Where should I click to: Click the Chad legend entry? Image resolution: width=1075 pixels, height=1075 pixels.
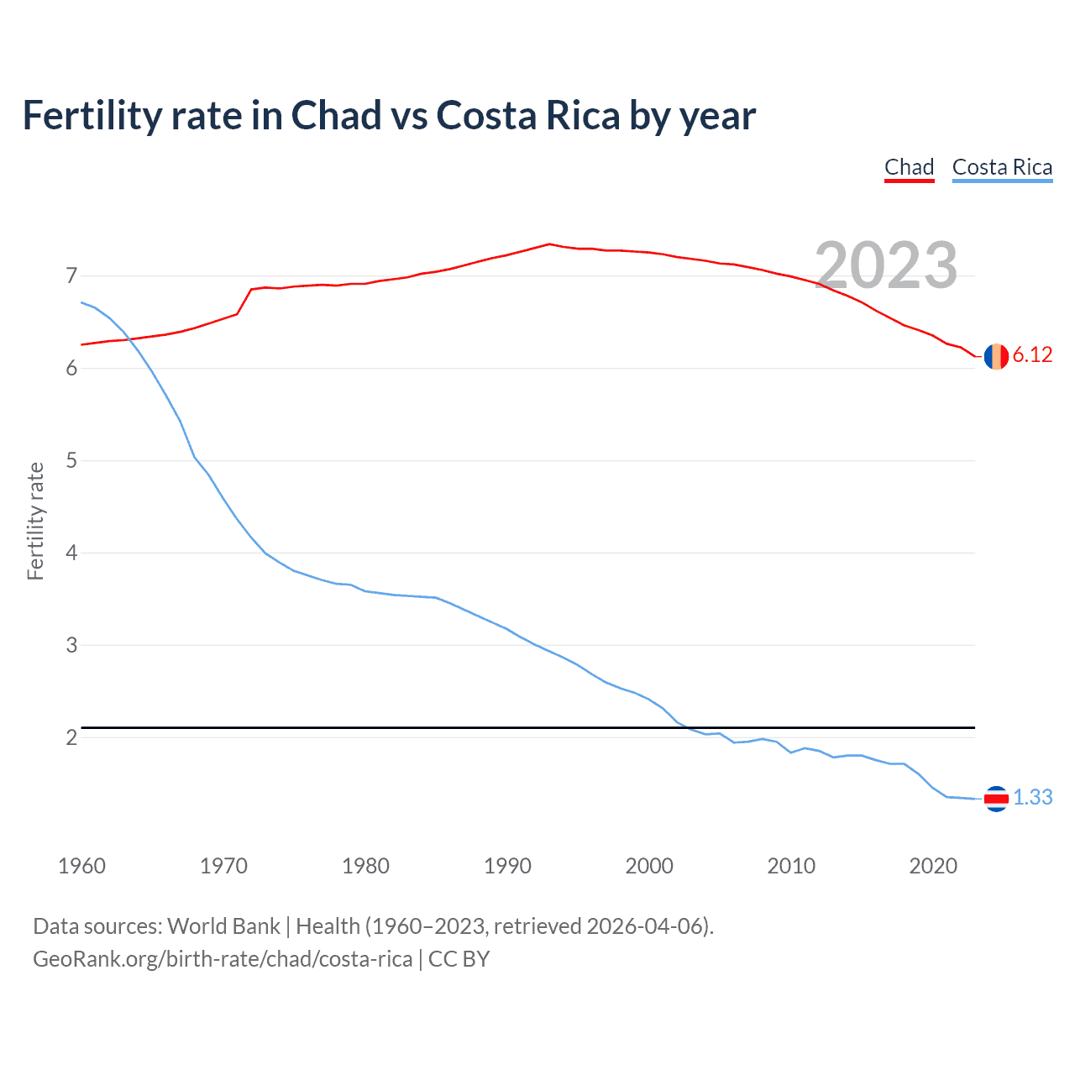coord(909,167)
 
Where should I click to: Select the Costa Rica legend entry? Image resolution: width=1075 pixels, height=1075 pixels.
coord(1002,167)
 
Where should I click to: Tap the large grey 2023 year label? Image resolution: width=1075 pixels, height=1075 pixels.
coord(886,265)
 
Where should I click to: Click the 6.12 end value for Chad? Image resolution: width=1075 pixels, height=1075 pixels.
coord(1032,355)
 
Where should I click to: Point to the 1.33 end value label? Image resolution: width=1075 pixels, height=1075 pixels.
coord(1032,797)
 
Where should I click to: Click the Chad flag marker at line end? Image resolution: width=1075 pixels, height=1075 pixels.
coord(996,356)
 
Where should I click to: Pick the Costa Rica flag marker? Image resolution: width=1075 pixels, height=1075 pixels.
coord(996,799)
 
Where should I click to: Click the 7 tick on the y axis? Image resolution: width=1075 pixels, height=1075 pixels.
coord(71,275)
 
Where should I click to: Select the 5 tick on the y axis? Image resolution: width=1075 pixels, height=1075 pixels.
coord(71,460)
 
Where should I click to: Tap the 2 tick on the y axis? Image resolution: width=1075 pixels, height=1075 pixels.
coord(71,737)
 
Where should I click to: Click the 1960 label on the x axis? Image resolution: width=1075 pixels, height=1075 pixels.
coord(81,866)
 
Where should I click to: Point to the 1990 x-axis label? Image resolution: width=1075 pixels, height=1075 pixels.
coord(507,866)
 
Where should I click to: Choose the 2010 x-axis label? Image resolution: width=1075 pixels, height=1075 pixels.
coord(791,866)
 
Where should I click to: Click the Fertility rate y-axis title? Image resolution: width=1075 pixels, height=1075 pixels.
coord(35,521)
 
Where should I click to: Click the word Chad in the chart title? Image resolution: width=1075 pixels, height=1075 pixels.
coord(336,116)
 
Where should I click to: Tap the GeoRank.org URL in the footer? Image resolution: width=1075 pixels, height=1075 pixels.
coord(223,959)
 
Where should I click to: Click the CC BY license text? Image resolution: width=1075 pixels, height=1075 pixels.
coord(459,959)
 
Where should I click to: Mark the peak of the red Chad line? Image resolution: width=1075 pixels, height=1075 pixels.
coord(549,244)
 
